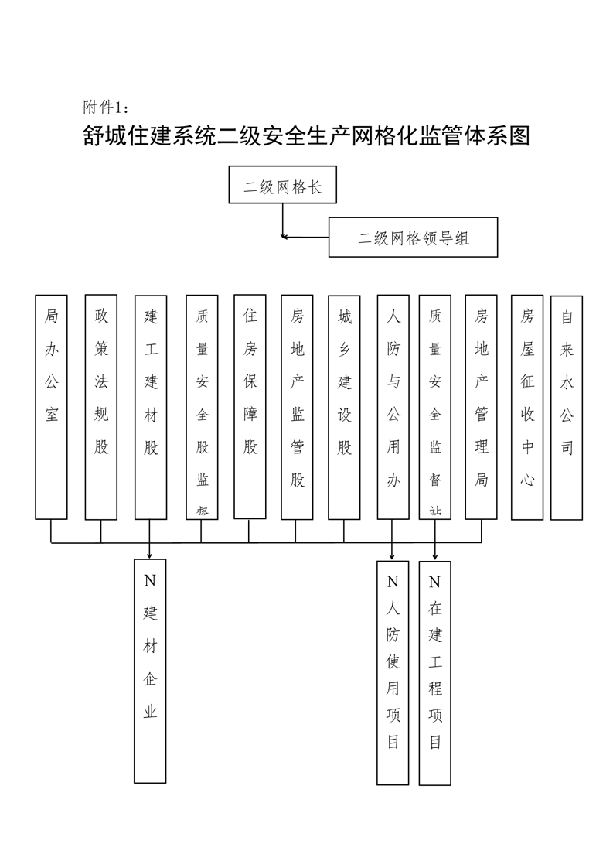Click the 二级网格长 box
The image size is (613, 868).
(x=282, y=185)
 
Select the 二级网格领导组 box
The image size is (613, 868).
(x=413, y=237)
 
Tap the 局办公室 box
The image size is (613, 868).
(x=52, y=406)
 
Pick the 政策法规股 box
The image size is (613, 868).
(x=101, y=406)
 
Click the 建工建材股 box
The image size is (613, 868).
(x=151, y=406)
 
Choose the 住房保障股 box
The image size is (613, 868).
(x=250, y=406)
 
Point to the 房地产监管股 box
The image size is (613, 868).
(x=297, y=406)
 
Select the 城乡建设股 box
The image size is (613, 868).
(x=344, y=406)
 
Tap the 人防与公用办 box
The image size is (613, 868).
(x=393, y=406)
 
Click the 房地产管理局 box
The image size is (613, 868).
(x=482, y=406)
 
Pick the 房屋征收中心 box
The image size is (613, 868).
(x=527, y=406)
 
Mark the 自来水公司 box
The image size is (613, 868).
(x=567, y=407)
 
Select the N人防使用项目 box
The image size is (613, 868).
(x=393, y=672)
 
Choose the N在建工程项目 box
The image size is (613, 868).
(x=435, y=672)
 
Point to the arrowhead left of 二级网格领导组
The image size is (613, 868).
(x=285, y=236)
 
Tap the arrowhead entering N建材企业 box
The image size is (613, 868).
(x=150, y=555)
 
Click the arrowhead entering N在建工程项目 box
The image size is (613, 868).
(x=435, y=555)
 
